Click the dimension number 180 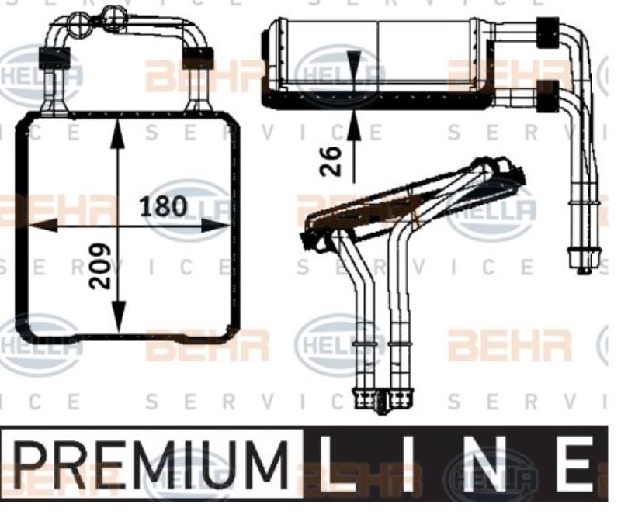click(x=163, y=207)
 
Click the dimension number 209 click(x=99, y=266)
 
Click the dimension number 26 click(x=331, y=161)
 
